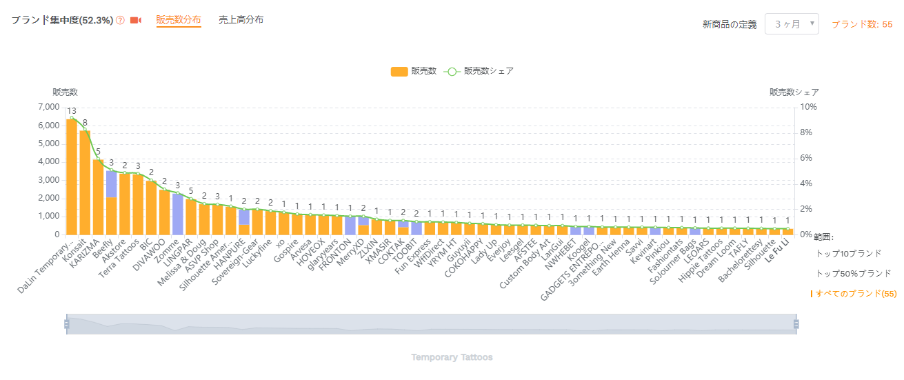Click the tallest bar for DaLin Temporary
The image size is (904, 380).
point(72,177)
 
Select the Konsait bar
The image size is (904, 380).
point(85,183)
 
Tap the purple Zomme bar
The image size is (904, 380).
point(178,214)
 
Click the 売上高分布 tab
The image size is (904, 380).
point(241,20)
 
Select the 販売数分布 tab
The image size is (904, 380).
point(179,20)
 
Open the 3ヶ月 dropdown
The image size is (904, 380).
point(792,24)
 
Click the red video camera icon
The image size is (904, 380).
point(136,21)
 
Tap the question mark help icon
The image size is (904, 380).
point(121,21)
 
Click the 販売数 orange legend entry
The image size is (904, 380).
point(413,71)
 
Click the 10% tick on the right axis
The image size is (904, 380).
point(808,108)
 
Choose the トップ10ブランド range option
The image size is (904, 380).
point(848,254)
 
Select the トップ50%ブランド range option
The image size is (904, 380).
point(853,274)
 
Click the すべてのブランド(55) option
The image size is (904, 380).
point(856,294)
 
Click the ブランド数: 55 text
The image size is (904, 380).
point(862,24)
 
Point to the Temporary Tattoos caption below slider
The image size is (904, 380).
point(452,357)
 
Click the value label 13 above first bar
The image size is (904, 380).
point(72,111)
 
